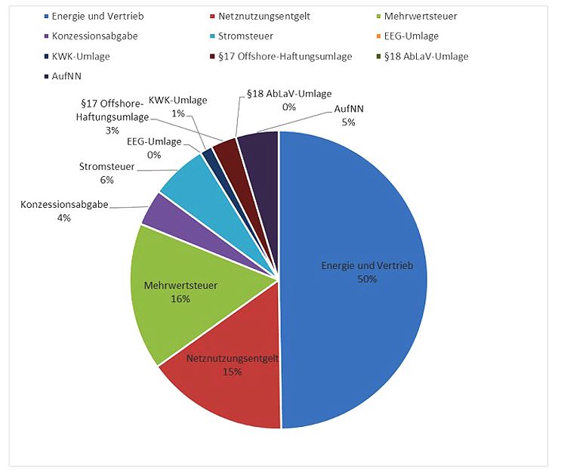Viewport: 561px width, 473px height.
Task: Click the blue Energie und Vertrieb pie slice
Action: click(355, 227)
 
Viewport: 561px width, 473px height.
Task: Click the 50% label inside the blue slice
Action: click(368, 278)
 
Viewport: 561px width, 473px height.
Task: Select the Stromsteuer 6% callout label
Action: click(106, 173)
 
